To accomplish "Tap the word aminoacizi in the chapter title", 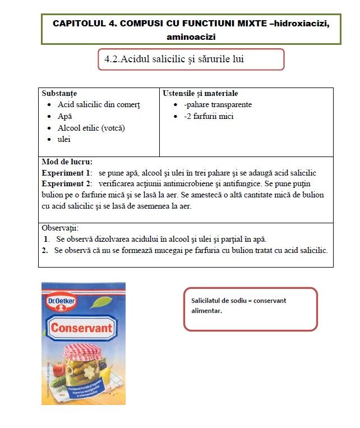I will click(x=191, y=37).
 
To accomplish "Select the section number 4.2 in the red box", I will click(x=112, y=59).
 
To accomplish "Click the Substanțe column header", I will click(x=59, y=93).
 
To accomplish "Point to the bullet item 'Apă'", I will click(x=65, y=116).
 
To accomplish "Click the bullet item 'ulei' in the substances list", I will click(x=64, y=139).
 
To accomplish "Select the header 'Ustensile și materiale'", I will click(x=200, y=93).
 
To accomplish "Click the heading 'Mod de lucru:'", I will click(x=67, y=162).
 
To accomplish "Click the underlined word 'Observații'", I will click(x=60, y=228).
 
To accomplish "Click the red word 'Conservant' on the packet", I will click(x=82, y=328).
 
